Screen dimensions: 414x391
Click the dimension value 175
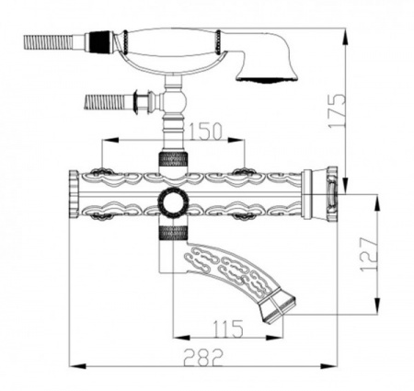337,110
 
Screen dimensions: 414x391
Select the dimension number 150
204,132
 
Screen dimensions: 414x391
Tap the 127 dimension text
369,254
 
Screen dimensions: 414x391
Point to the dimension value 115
227,328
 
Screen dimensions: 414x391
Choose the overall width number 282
203,357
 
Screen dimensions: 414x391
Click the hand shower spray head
266,66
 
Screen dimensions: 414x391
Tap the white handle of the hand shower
172,42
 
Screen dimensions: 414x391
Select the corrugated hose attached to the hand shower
49,41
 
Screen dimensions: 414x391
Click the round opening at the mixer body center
173,202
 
